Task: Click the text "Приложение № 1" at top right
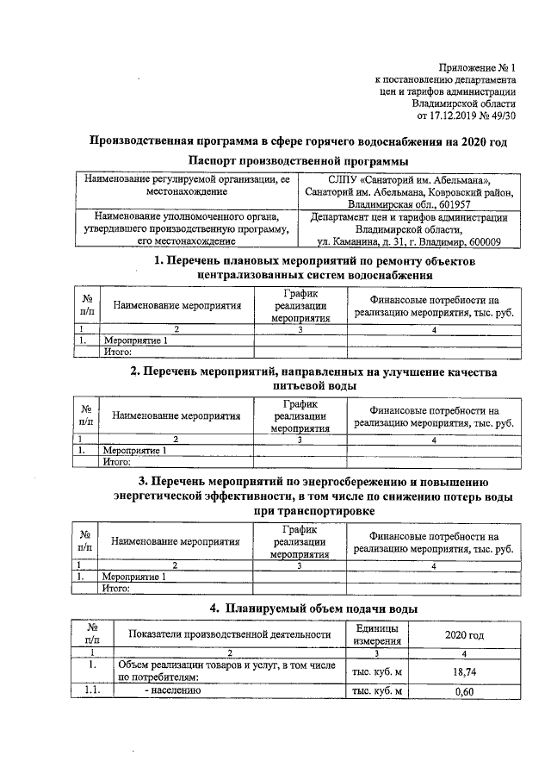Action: pyautogui.click(x=477, y=66)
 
